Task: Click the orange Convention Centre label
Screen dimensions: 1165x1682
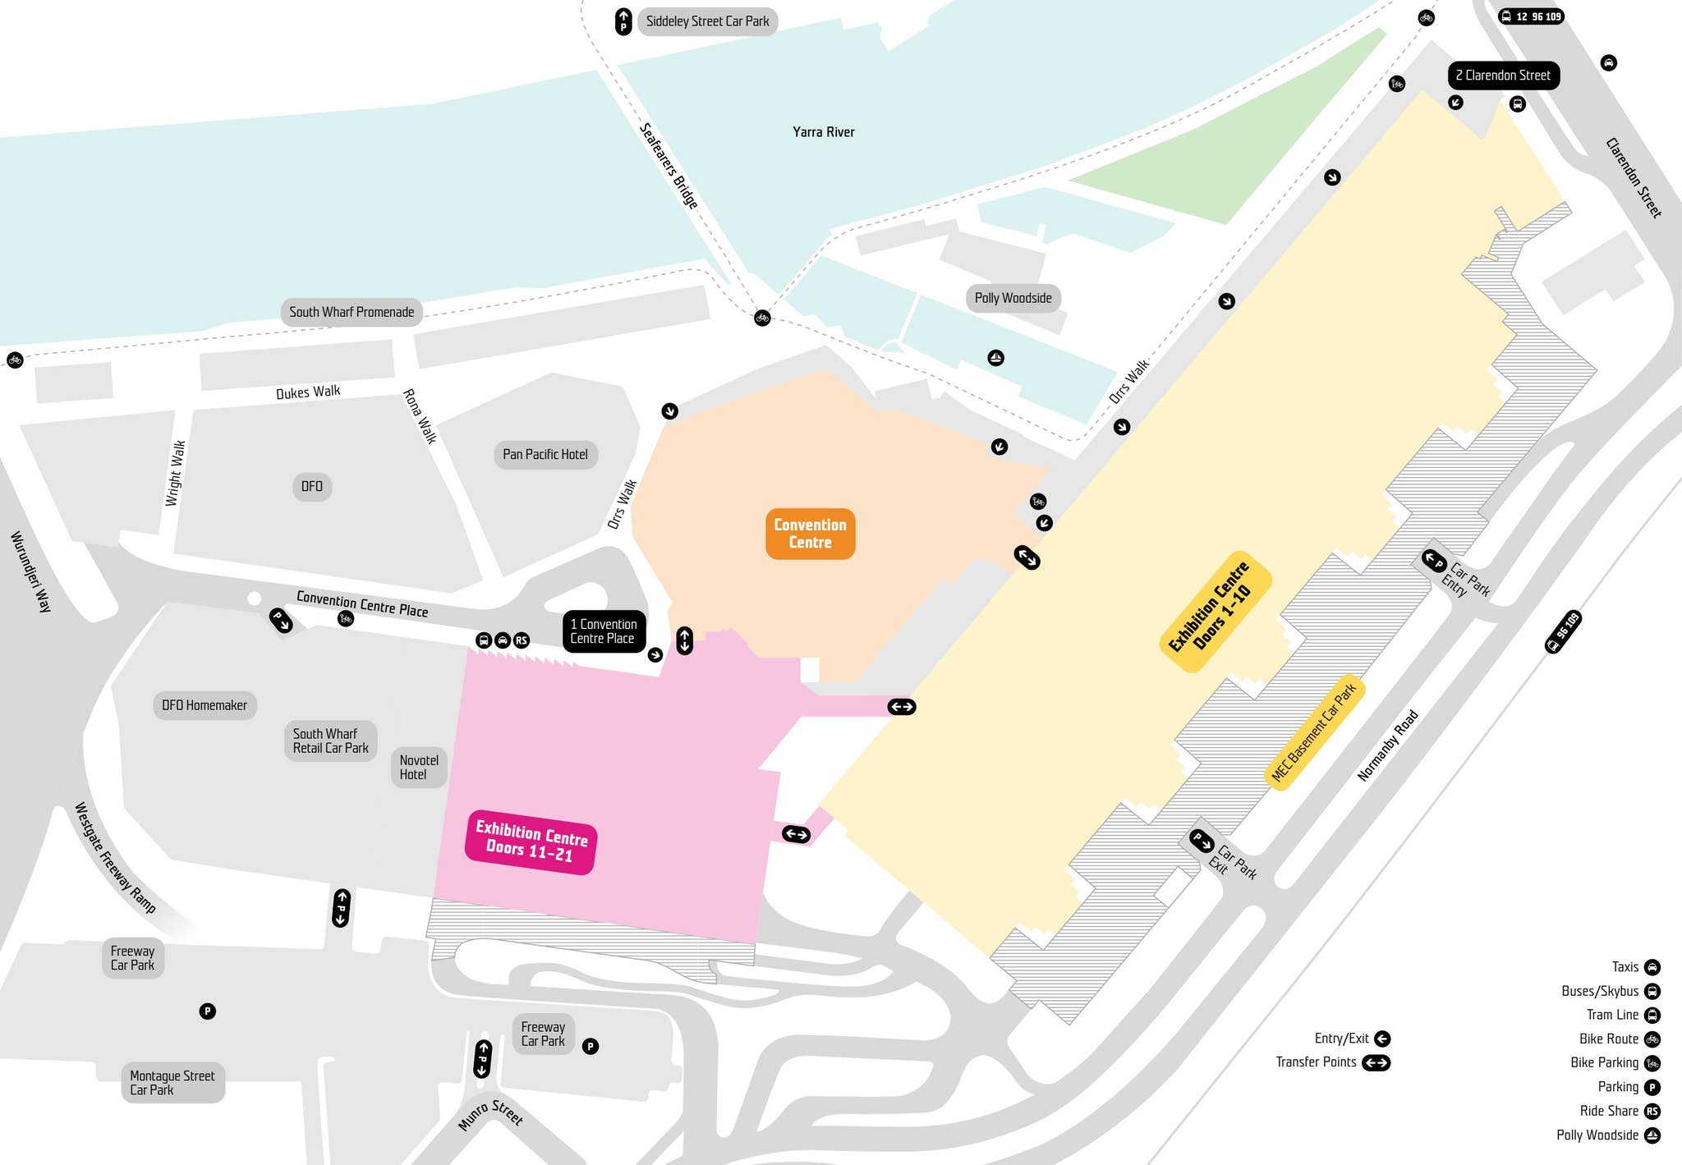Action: pos(810,534)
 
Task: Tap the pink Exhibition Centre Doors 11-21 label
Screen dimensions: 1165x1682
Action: pos(531,842)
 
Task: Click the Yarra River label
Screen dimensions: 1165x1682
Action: pos(823,132)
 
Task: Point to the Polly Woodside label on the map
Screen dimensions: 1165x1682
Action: pos(1013,298)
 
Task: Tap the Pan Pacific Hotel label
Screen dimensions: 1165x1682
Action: pos(545,454)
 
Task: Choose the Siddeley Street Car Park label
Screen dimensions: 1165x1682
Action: pos(707,21)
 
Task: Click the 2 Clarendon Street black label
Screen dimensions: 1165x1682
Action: pos(1503,76)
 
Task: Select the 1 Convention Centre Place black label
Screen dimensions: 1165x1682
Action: pos(604,631)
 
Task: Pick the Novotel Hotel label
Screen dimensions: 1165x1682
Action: pos(419,768)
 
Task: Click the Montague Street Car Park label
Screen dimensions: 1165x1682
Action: pos(172,1083)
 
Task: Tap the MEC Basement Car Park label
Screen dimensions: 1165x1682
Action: pos(1314,733)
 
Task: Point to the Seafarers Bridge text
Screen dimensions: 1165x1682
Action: pos(669,166)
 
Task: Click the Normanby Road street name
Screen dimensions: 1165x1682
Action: pos(1387,745)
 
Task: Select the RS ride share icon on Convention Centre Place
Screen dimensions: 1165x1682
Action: pos(522,640)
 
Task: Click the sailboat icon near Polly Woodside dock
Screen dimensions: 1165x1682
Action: pos(995,358)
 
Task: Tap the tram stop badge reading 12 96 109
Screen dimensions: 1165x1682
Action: pos(1532,16)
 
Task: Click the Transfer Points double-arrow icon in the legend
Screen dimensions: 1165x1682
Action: pos(1376,1062)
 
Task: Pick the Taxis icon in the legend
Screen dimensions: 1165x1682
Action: pos(1652,967)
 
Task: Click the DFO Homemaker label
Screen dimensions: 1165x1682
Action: pos(205,705)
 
